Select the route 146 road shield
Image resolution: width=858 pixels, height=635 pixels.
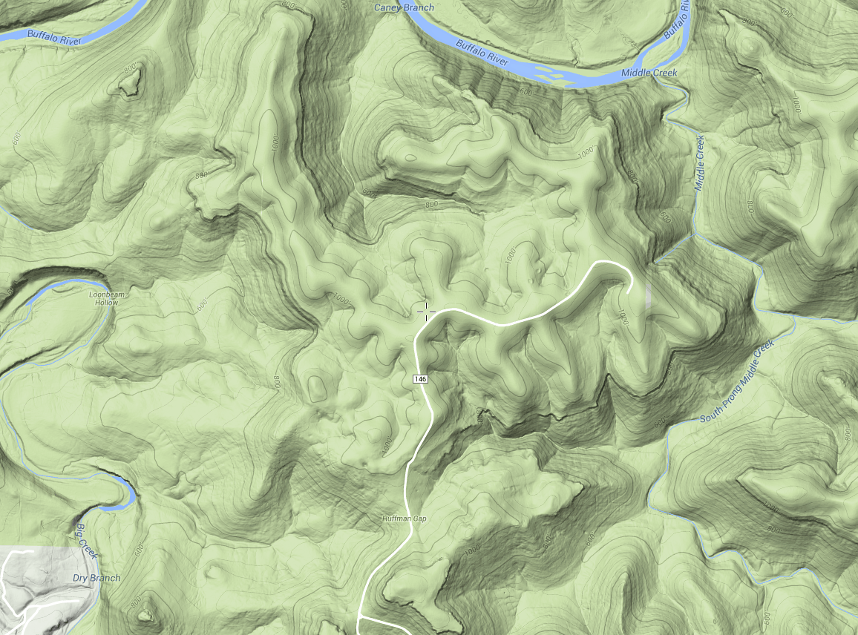coord(420,379)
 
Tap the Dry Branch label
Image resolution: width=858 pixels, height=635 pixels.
coord(96,578)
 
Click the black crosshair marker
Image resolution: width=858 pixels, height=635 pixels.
coord(426,311)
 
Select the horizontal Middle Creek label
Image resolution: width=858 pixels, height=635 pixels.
coord(649,73)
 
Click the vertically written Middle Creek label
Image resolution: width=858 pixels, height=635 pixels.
coord(699,163)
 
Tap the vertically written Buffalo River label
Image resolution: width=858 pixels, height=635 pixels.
coord(678,21)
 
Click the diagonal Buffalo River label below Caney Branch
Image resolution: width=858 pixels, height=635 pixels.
coord(482,53)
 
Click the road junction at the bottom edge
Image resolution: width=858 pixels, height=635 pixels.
coord(361,615)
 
